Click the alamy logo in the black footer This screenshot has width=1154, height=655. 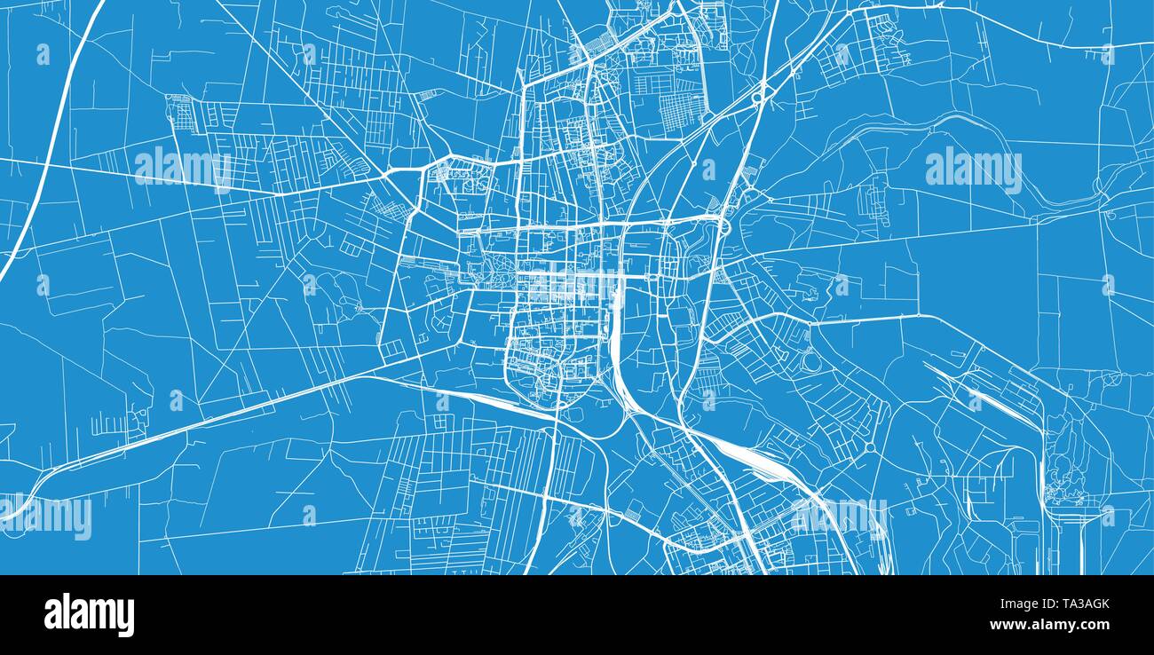point(89,614)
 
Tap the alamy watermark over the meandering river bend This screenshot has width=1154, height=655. point(973,169)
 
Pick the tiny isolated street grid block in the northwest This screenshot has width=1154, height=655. point(180,114)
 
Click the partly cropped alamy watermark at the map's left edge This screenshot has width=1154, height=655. point(44,517)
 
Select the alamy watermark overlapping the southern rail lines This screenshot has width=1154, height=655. point(839,517)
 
